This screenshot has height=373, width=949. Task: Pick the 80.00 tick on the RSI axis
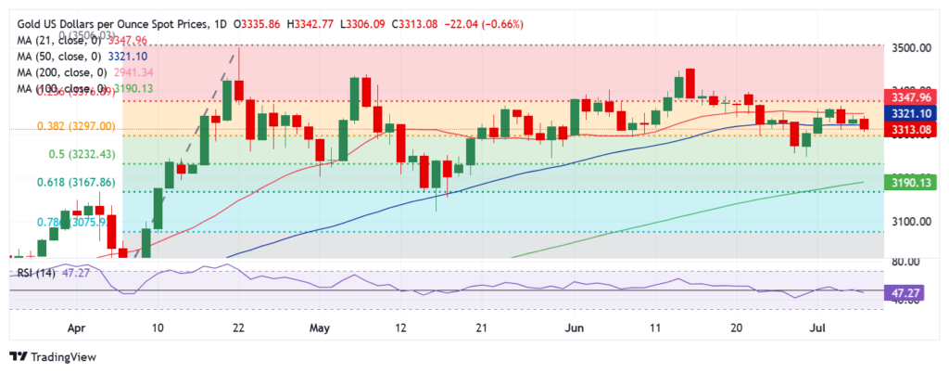coord(905,263)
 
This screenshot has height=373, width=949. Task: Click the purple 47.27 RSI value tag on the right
coord(905,290)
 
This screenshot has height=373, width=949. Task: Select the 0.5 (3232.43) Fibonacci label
coord(70,154)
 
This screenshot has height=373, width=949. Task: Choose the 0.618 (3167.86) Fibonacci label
coord(75,183)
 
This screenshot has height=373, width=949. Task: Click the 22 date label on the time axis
coord(238,328)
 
